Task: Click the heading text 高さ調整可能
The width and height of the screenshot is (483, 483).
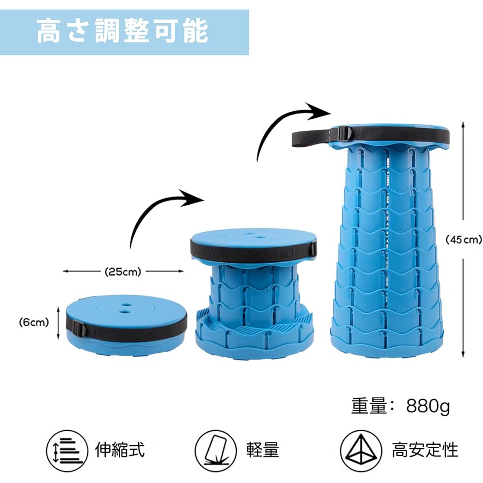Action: (123, 31)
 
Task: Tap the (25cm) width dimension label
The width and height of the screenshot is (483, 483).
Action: (123, 272)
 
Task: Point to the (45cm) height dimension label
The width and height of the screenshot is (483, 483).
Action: (464, 239)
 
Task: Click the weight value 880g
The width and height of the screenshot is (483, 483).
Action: (428, 407)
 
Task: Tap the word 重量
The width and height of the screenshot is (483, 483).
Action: (369, 407)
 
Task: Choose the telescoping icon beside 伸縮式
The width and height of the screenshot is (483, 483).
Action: (68, 450)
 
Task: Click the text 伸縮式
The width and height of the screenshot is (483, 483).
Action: (120, 450)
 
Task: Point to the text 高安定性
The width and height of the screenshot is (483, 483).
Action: (425, 450)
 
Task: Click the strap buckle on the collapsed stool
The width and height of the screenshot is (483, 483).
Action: (80, 330)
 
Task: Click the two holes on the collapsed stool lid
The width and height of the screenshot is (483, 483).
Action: (127, 309)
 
